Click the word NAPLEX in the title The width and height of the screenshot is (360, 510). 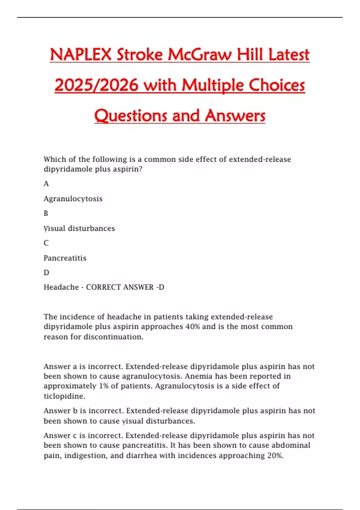pos(80,55)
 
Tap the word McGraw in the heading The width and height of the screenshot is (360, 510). pos(199,55)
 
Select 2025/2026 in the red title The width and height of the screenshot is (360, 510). pos(96,85)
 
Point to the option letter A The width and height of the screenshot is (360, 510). pos(46,184)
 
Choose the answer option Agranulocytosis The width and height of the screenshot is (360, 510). pos(73,199)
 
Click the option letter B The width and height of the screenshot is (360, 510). pos(46,213)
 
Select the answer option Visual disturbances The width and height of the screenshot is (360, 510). pos(79,228)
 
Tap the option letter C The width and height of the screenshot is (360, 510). pos(46,243)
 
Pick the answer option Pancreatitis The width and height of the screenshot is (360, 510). pos(65,258)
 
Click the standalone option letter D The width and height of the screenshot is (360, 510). pos(46,273)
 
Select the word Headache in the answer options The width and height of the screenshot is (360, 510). pos(61,287)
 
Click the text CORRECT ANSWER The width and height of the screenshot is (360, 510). pos(120,287)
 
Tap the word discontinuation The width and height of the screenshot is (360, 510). pos(113,337)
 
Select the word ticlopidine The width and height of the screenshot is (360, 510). pos(64,396)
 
